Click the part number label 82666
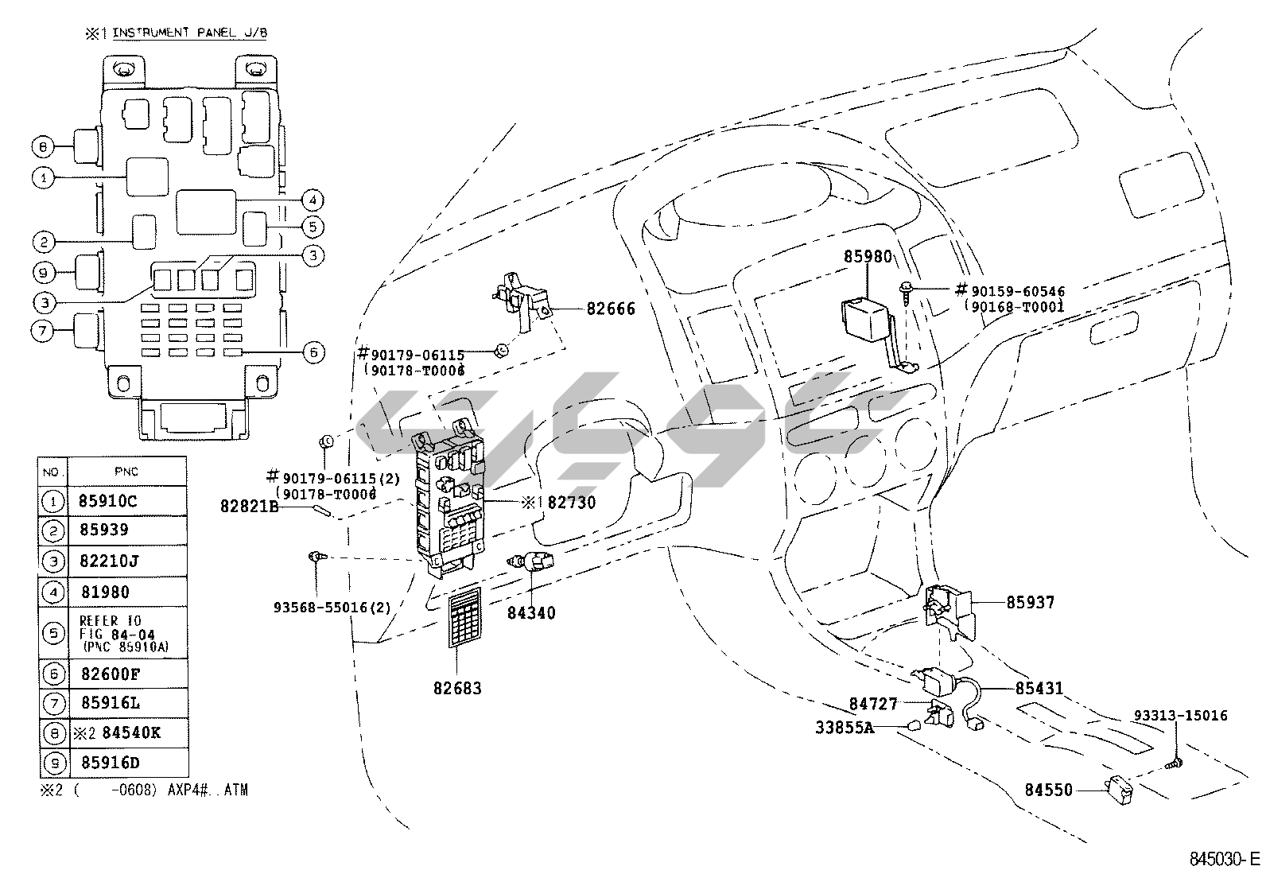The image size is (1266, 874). click(611, 309)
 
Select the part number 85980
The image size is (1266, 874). click(868, 258)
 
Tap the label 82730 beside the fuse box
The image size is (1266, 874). click(571, 503)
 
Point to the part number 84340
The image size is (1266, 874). click(532, 613)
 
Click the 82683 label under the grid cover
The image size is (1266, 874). click(457, 689)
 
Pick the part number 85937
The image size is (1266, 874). click(1031, 603)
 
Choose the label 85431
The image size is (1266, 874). click(1039, 689)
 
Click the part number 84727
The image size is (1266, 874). click(873, 704)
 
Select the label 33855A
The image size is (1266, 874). click(845, 727)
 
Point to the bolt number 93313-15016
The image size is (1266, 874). click(1180, 716)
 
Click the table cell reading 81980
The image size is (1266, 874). click(105, 592)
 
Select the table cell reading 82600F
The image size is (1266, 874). click(111, 674)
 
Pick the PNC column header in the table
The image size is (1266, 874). click(126, 472)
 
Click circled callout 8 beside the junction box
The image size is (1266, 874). click(43, 146)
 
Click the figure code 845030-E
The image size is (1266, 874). click(1225, 859)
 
